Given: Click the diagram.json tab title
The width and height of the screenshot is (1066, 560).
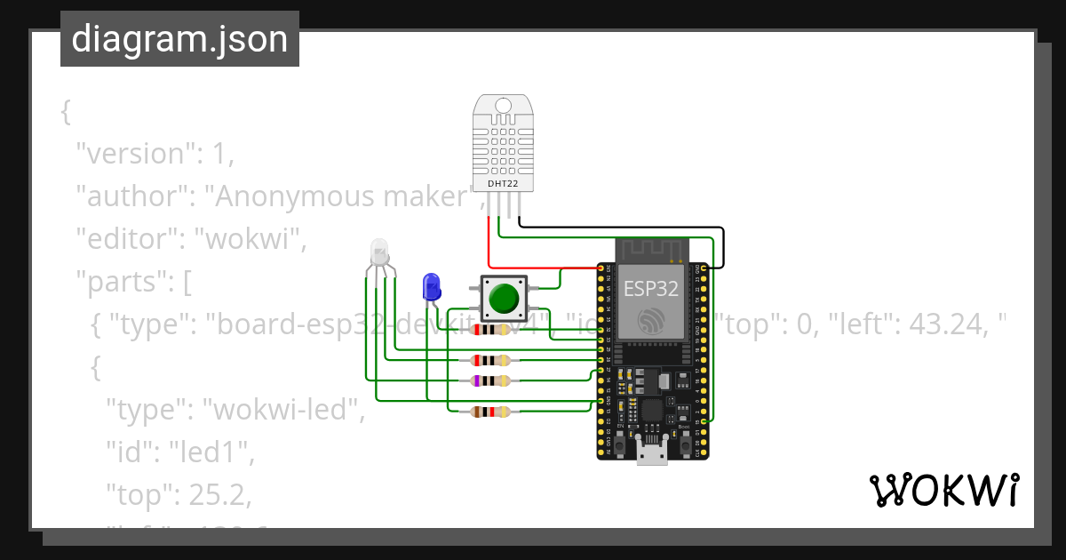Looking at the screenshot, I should (x=179, y=40).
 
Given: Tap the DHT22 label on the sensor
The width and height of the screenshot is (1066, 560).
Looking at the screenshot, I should (x=502, y=184).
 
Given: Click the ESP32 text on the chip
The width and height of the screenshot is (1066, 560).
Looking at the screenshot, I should (x=650, y=288).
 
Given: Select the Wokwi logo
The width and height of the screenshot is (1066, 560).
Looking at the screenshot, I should (x=943, y=491).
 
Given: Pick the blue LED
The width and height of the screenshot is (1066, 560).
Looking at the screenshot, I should (x=432, y=287).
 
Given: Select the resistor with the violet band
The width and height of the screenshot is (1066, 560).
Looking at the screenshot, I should (x=491, y=380).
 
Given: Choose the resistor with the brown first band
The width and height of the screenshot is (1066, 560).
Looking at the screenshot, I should (x=491, y=411).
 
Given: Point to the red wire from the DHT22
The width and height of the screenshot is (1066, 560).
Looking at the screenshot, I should (x=489, y=240).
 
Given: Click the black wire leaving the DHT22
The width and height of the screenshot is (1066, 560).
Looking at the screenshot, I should (x=622, y=228).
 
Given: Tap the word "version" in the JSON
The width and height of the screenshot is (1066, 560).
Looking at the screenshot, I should (x=136, y=154).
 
